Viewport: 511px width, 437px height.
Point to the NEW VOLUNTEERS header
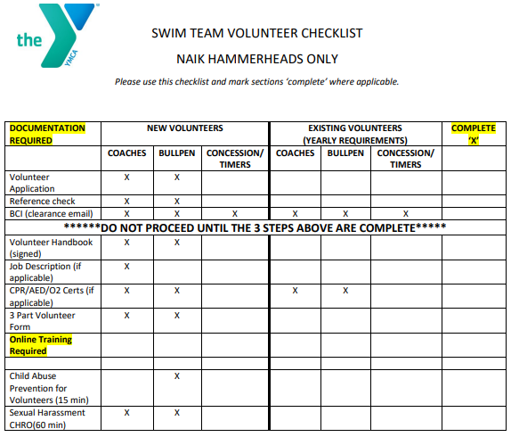[184, 128]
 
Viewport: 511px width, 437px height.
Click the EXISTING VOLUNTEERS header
[355, 134]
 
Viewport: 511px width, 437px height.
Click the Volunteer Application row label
[31, 182]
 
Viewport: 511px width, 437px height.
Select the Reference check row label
[42, 201]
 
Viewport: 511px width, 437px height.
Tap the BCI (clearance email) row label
[51, 213]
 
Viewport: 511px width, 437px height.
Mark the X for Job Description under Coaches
[126, 266]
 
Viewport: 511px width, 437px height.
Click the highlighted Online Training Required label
[41, 345]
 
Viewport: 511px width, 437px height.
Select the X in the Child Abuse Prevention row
[177, 376]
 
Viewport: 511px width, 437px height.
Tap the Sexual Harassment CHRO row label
[47, 418]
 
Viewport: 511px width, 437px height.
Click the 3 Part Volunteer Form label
[42, 321]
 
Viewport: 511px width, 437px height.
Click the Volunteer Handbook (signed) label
[51, 247]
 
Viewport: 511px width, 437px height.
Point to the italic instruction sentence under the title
[256, 82]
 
